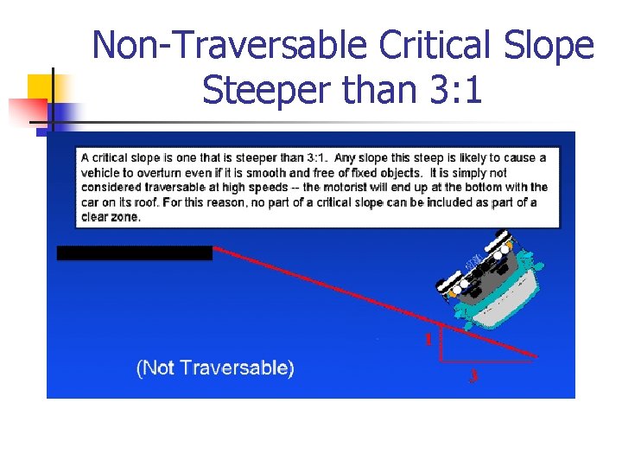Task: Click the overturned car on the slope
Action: coord(489,281)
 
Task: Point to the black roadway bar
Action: coord(134,253)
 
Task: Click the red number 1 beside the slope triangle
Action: coord(428,339)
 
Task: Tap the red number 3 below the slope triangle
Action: coord(473,376)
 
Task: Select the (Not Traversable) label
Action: coord(215,368)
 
